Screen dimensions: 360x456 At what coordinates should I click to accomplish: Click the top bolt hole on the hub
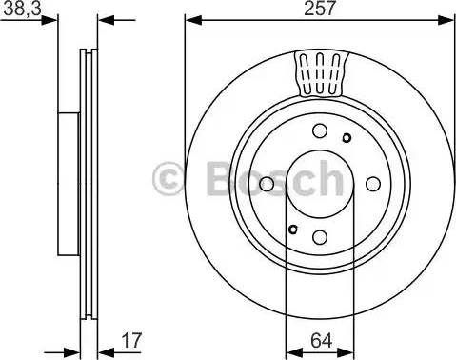pos(320,131)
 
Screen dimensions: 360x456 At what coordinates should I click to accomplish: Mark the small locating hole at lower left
pos(293,227)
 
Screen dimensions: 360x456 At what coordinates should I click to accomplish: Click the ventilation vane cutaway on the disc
pos(320,74)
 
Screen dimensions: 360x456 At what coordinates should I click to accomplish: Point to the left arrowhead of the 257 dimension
pos(190,19)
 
